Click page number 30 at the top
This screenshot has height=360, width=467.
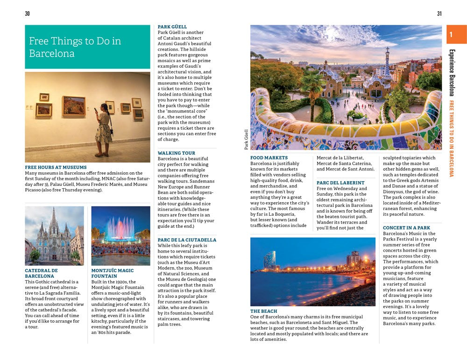coord(27,14)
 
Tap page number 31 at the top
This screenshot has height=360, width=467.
coord(439,14)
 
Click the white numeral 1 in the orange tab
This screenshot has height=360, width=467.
coord(451,35)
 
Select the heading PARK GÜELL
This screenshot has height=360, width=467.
coord(172,27)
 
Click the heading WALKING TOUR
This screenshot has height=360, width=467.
coord(177,153)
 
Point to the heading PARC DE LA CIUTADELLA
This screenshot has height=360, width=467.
coord(187,240)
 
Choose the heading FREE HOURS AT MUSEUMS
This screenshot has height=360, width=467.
coord(56,167)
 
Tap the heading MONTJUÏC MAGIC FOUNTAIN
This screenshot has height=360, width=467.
coord(113,273)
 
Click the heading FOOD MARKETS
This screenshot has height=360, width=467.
coord(269,158)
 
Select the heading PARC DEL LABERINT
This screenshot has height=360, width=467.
coord(340,183)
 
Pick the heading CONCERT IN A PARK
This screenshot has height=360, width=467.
coord(406,228)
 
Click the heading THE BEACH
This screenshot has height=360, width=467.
coord(263,311)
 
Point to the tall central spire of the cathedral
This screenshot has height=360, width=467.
coord(54,224)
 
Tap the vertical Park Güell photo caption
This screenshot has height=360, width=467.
coord(247,140)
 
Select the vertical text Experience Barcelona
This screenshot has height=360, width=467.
coord(452,72)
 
